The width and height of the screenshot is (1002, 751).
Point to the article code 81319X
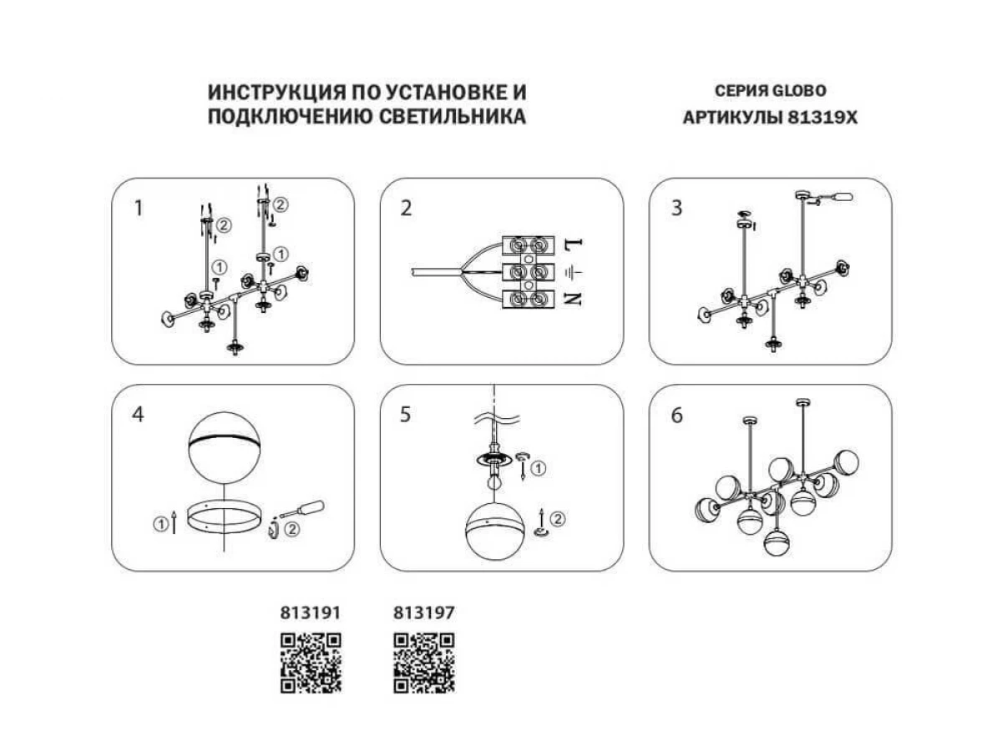point(822,118)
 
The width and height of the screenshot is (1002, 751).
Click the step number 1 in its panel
point(139,209)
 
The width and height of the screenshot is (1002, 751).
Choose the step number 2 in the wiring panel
point(406,209)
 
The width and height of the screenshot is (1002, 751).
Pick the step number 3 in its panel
point(676,209)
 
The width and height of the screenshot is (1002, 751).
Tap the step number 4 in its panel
point(139,415)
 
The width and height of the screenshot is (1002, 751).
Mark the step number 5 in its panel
point(406,415)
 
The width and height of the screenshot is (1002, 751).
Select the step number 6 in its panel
point(676,415)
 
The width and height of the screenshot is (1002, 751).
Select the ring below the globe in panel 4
point(223,518)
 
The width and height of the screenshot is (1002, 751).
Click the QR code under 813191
point(311,663)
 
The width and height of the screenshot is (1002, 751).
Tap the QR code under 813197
point(424,663)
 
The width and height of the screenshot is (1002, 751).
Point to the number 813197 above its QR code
point(424,612)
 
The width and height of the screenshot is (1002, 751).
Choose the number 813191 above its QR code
point(311,612)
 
